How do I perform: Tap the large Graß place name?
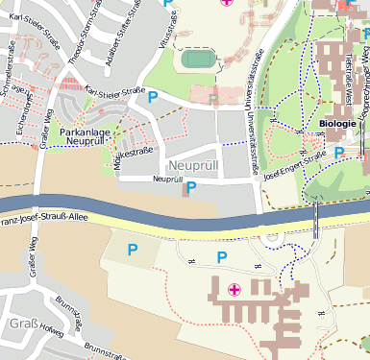click(x=22, y=324)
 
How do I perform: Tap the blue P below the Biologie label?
click(x=339, y=152)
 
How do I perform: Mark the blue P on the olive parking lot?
click(x=133, y=250)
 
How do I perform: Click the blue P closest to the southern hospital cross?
click(x=222, y=256)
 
